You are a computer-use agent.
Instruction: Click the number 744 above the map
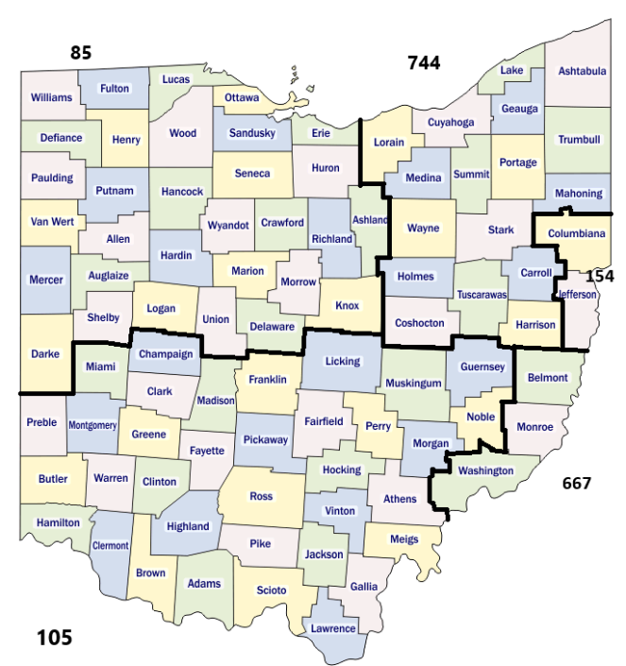point(424,63)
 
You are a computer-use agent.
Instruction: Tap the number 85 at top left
point(81,53)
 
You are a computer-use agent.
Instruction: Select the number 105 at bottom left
point(54,638)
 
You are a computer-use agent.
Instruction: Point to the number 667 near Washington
point(576,483)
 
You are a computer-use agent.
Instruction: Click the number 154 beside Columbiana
point(600,276)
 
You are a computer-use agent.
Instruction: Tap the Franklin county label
point(267,378)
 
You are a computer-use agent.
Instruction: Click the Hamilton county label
point(58,522)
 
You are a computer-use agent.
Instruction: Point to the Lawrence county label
point(333,628)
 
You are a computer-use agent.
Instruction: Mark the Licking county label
point(343,361)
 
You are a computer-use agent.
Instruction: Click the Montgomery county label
point(92,425)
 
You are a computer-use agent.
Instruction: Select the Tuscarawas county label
point(482,295)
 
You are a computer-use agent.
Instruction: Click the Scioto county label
point(271,590)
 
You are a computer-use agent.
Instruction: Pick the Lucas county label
point(176,80)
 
